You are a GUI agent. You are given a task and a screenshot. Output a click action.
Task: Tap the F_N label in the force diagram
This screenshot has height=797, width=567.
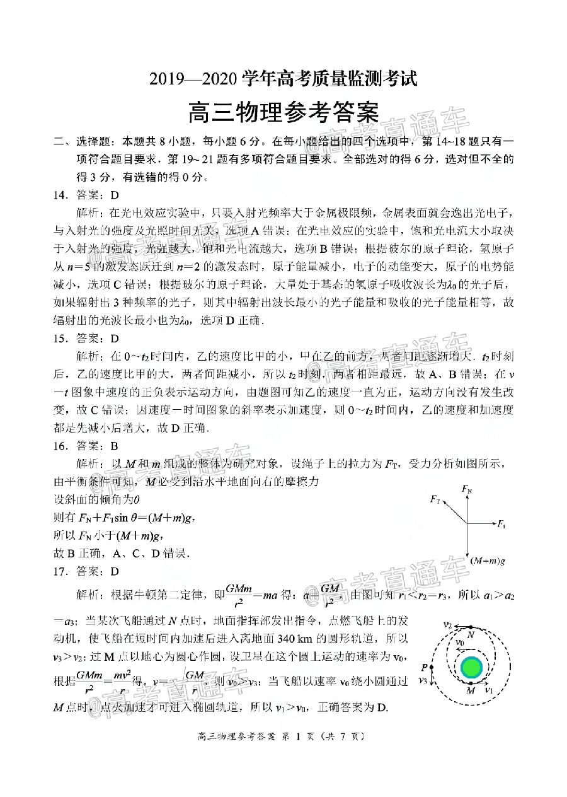pos(467,489)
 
